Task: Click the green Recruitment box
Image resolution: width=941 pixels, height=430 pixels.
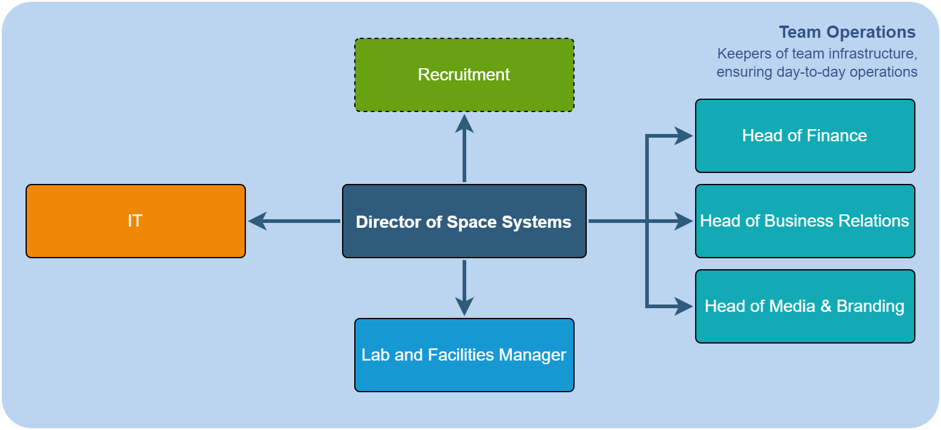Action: (464, 75)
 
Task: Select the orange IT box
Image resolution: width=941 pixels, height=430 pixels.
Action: (135, 221)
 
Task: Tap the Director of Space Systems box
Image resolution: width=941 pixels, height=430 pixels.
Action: (464, 221)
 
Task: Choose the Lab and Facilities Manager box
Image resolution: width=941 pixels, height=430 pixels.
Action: (464, 355)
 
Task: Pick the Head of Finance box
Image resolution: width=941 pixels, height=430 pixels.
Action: (805, 136)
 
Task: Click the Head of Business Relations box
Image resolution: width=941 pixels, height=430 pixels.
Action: (805, 221)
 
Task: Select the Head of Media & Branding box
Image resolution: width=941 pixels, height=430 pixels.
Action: (805, 306)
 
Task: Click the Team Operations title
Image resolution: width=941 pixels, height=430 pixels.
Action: (847, 32)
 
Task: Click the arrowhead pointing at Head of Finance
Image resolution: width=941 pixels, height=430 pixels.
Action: (684, 136)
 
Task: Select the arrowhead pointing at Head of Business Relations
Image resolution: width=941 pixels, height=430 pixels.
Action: (684, 221)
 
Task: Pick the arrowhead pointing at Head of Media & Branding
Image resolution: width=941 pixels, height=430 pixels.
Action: (684, 306)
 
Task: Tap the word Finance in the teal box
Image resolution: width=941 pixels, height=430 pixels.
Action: (836, 135)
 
